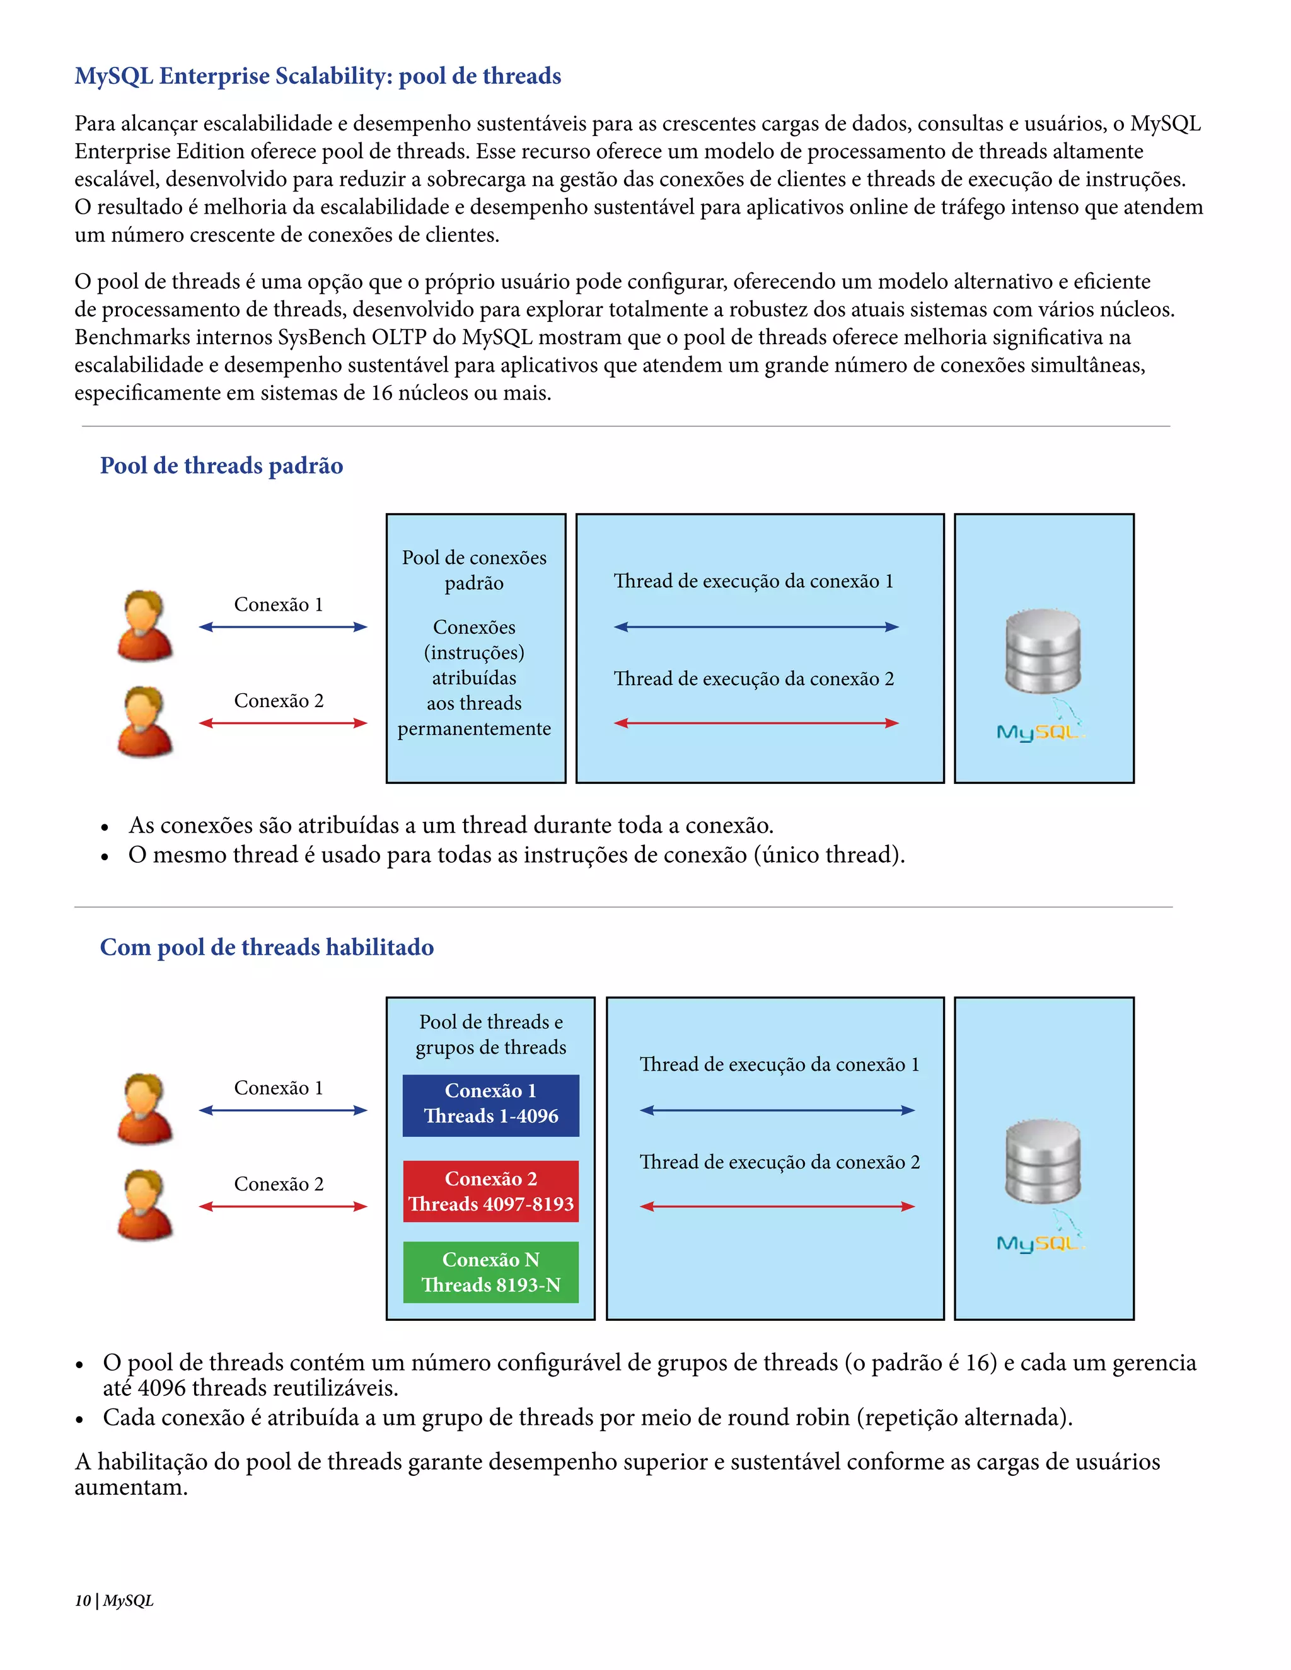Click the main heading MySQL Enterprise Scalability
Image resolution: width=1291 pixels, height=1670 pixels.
(x=318, y=76)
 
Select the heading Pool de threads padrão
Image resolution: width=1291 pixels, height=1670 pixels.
(x=221, y=465)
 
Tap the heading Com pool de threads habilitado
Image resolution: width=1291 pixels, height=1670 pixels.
(x=266, y=947)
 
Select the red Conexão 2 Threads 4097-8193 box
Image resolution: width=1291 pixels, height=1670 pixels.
(x=490, y=1191)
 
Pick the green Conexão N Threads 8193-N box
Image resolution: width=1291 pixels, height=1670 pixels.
(x=490, y=1272)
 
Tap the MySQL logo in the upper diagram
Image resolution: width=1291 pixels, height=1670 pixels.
(x=1039, y=731)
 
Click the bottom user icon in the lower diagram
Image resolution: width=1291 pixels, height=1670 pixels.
(x=144, y=1204)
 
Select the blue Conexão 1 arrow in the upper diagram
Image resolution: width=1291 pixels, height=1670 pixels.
(x=283, y=627)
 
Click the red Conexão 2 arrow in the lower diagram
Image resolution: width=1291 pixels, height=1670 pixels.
(x=283, y=1207)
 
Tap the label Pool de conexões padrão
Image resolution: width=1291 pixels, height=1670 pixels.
(x=474, y=570)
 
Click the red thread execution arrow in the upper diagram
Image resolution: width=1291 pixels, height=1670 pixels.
(x=756, y=723)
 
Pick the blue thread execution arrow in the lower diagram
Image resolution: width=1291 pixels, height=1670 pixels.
(x=777, y=1110)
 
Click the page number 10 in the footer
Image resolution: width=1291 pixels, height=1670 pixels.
(x=83, y=1601)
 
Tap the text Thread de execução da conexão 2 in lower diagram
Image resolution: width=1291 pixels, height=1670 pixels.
(x=779, y=1162)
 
